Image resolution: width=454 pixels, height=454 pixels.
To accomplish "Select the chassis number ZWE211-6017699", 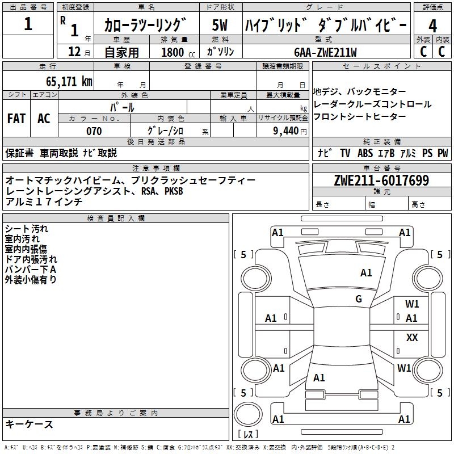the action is pos(381,180).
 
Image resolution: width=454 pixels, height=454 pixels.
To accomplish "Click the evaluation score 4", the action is pos(432,26).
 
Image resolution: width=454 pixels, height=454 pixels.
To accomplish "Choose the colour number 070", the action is pos(94,131).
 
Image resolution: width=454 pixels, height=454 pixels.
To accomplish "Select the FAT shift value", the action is pos(16,118).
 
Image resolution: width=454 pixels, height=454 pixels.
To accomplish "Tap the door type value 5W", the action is pos(220,26).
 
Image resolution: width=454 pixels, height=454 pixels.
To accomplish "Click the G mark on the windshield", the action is pos(359,299).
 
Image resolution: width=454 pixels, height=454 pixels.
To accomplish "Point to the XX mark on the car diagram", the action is pos(412,338).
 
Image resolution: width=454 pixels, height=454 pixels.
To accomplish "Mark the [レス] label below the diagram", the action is pos(248,435).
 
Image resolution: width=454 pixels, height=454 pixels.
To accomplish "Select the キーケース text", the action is pos(30,424).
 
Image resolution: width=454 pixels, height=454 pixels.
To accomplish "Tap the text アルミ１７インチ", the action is pos(44,201).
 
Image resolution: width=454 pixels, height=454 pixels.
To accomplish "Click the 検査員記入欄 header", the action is pos(115,218).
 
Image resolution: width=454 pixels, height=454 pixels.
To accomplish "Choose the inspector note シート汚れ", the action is pos(27,229).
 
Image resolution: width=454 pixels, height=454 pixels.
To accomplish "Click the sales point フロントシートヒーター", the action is pos(360,116).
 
